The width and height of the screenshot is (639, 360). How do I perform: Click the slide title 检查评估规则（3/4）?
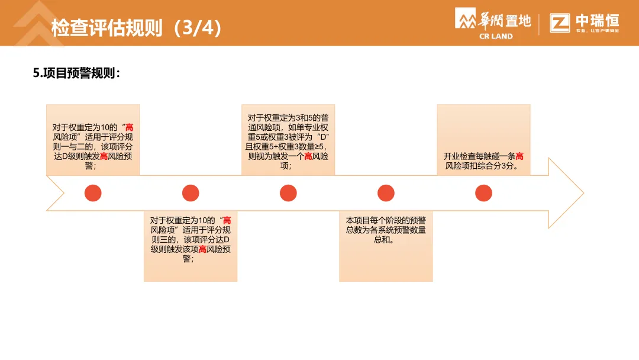[137, 28]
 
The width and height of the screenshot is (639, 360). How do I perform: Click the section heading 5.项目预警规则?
[77, 73]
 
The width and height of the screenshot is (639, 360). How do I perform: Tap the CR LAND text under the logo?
[496, 36]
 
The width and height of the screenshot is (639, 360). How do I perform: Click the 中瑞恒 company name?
[597, 20]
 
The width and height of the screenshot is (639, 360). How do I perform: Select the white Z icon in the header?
[560, 22]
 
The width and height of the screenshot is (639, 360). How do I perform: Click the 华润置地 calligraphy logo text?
[505, 20]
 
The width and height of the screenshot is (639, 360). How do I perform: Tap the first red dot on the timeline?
[93, 193]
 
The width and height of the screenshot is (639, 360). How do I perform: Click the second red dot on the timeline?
[191, 193]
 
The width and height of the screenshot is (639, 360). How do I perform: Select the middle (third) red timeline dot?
[288, 193]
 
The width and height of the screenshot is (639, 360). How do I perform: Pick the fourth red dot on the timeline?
[386, 193]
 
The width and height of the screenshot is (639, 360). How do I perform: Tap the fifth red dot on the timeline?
[483, 193]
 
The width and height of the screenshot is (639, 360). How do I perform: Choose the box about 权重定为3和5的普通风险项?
[288, 140]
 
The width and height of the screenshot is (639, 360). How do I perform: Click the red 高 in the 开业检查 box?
[519, 156]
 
